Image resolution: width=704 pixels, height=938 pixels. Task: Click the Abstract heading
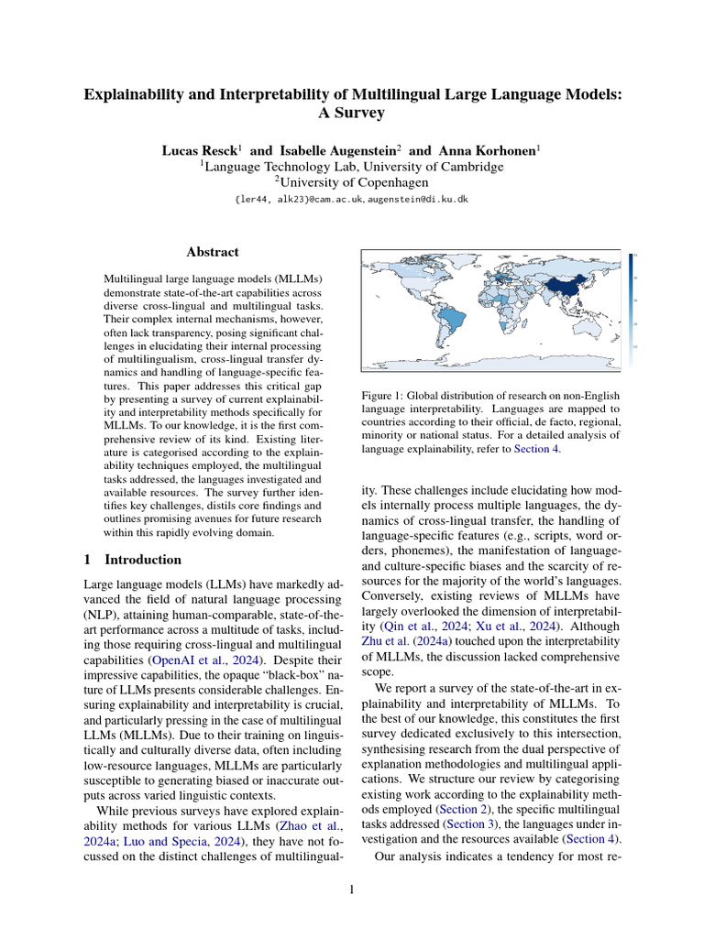click(213, 252)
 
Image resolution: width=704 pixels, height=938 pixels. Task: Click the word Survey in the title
click(352, 114)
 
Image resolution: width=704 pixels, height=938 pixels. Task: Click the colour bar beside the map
click(632, 302)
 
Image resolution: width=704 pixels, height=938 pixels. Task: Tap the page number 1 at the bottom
click(352, 889)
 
